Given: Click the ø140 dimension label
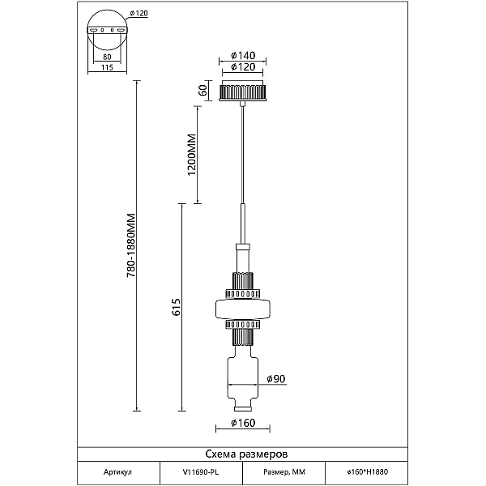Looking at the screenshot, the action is [243, 55].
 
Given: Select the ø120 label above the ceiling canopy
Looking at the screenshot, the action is [243, 67].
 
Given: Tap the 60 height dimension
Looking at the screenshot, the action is [203, 90].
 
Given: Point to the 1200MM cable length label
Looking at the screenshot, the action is [192, 155].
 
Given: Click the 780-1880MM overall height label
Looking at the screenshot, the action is [131, 245].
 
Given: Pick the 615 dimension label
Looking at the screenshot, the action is [176, 307].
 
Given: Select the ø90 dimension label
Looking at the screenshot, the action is [276, 379].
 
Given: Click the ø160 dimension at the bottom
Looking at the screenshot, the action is [243, 423].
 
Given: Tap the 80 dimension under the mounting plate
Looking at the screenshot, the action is [107, 57].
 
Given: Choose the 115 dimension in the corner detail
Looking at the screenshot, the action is [107, 67].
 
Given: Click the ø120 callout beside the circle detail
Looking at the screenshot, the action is [139, 13].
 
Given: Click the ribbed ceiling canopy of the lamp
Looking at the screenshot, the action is [243, 90].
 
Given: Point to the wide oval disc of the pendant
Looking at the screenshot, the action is [243, 309].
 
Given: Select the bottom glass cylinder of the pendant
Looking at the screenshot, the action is [243, 378].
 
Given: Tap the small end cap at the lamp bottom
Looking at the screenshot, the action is [243, 409].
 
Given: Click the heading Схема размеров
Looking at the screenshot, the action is [246, 454].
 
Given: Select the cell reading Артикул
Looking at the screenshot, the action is [117, 472].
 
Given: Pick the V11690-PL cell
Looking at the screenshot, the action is [201, 472].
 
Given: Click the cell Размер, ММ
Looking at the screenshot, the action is [284, 472].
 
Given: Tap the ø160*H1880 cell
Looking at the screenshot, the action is [367, 472].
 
